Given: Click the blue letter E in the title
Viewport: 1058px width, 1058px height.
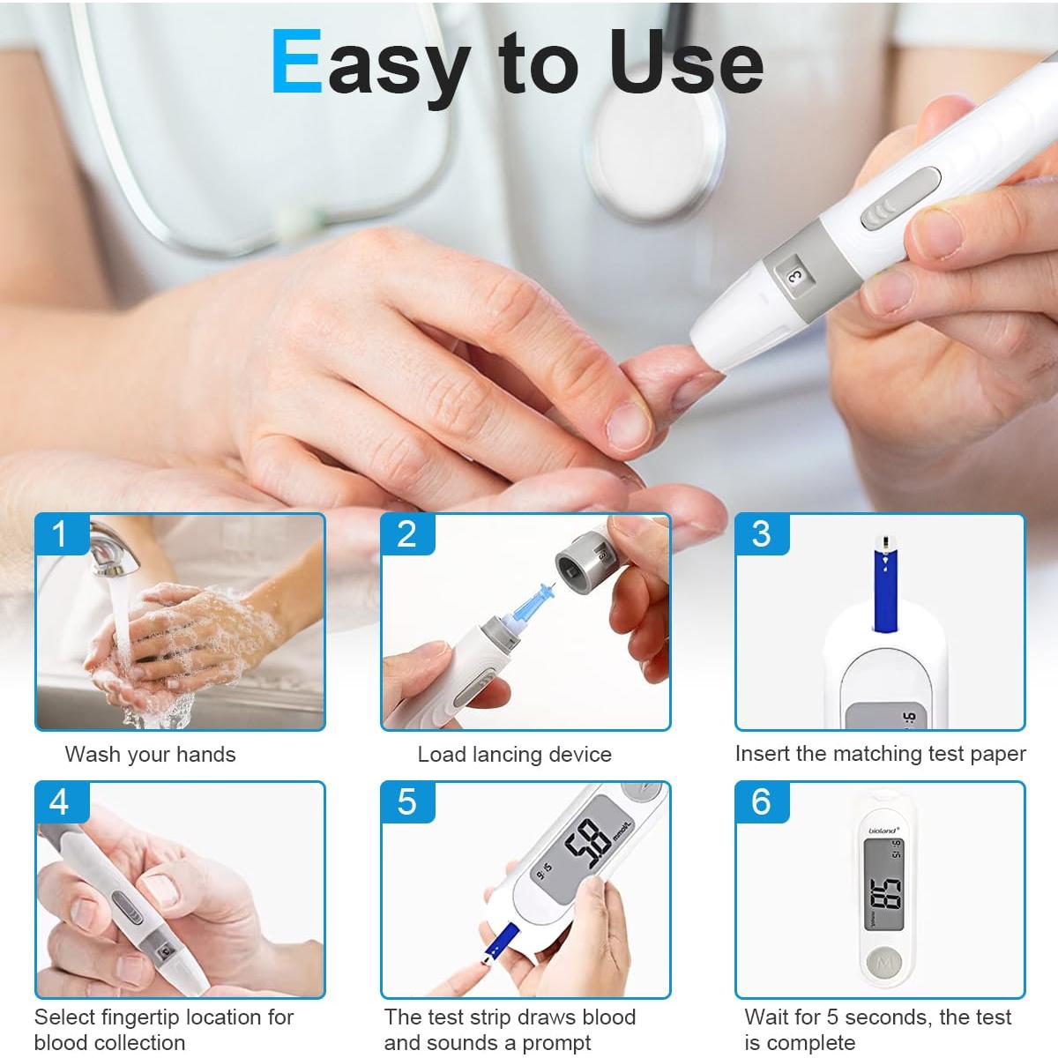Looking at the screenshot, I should [296, 62].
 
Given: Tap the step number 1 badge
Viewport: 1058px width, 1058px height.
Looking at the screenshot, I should [60, 534].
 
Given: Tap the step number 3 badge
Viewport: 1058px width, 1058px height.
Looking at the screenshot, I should [761, 534].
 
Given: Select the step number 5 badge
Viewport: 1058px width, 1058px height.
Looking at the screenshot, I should [406, 801].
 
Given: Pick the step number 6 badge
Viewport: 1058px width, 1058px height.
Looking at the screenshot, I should [761, 801].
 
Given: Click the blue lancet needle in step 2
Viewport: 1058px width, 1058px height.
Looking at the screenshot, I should [531, 600].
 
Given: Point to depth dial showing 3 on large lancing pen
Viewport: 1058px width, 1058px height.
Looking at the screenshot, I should [793, 276].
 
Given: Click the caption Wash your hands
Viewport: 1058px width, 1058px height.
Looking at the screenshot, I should [150, 755].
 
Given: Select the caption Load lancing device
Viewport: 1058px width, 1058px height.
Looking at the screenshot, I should [514, 755].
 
